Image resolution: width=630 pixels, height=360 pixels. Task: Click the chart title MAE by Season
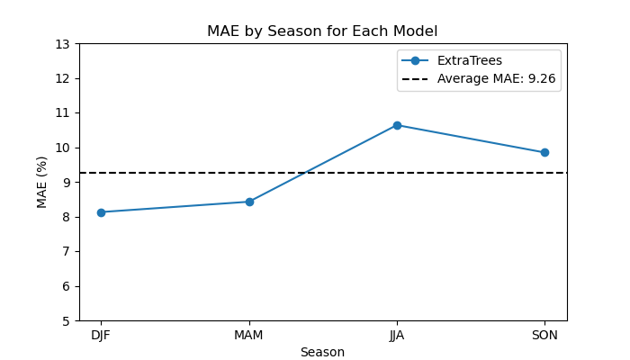pos(322,31)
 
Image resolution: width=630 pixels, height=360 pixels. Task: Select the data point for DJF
pos(101,212)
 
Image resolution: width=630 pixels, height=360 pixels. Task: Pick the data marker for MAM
pos(249,202)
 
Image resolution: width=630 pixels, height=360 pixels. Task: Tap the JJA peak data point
pos(398,125)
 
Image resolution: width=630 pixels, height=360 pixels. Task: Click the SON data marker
pos(544,152)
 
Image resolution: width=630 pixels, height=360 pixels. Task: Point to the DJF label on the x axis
pos(101,335)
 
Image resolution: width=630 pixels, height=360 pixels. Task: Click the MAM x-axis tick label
pos(248,335)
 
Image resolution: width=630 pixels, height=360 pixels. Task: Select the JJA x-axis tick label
pos(397,335)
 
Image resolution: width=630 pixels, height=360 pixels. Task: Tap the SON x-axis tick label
pos(544,335)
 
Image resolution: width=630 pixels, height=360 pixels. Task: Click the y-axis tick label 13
pos(62,44)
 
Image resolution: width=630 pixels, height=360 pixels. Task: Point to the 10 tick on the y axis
pos(62,148)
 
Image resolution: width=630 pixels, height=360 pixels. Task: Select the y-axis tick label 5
pos(66,321)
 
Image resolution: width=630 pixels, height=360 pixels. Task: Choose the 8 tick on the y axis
pos(66,218)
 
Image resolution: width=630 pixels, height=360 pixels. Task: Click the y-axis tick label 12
pos(62,79)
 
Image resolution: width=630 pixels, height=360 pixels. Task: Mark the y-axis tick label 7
pos(66,252)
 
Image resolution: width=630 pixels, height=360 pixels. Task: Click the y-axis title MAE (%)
pos(41,183)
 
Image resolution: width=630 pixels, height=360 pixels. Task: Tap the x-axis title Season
pos(322,352)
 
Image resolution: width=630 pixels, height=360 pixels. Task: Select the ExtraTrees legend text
pos(470,60)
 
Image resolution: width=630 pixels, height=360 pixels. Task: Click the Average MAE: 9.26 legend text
pos(497,78)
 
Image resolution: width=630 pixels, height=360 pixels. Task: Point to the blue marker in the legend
pos(415,60)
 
